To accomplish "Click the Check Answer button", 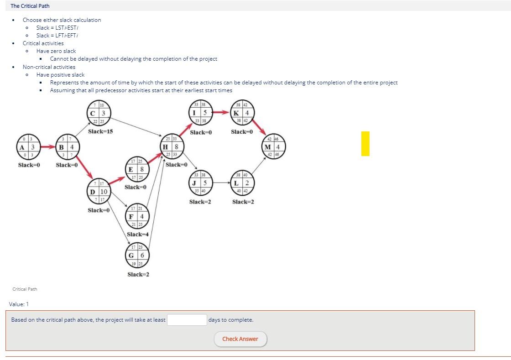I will point(240,339).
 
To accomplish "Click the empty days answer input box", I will point(187,320).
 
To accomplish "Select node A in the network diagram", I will point(27,147).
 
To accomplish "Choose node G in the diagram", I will point(137,255).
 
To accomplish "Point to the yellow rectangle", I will point(365,144).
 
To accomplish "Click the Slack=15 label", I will point(100,131).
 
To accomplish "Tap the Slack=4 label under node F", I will point(138,234).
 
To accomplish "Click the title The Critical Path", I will point(30,6).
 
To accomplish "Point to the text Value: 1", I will point(19,304).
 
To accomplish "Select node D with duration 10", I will point(98,192).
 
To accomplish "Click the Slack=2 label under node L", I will point(243,202).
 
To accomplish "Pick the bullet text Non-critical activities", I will point(49,67).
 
